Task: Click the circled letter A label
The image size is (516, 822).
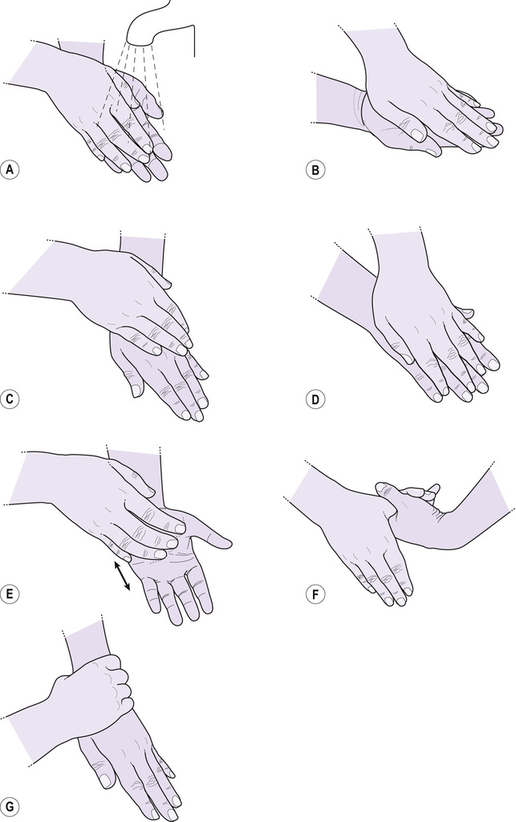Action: (x=10, y=169)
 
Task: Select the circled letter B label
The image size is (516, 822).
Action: (x=315, y=169)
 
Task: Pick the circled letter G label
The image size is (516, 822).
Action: (x=10, y=805)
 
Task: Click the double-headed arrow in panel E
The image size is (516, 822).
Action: (x=123, y=577)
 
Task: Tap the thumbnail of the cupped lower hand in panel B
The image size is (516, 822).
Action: (x=416, y=134)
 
